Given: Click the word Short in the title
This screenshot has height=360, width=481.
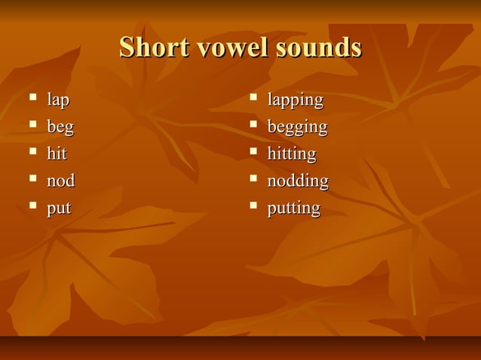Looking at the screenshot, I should coord(155,47).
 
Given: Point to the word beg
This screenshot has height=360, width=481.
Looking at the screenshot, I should coord(60,127).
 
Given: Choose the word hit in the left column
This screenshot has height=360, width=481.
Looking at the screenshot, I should coord(57,154).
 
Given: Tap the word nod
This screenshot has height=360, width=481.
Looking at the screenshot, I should coord(61,181).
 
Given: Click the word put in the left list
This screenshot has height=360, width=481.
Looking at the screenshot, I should coord(58,208).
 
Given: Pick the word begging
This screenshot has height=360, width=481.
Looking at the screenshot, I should coord(297,127).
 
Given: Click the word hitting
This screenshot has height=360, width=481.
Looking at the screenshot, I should coord(292,154).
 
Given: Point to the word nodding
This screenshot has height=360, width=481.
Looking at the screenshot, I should coord(298,181).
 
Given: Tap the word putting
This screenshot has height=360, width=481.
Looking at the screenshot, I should coord(293,208).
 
